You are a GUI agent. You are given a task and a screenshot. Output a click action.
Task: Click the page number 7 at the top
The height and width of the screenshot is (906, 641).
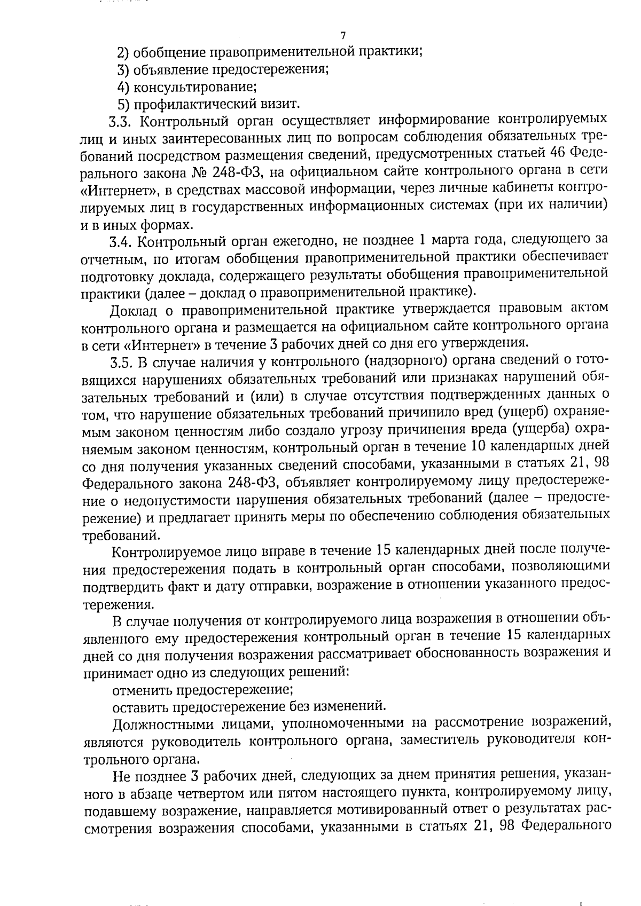[343, 36]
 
